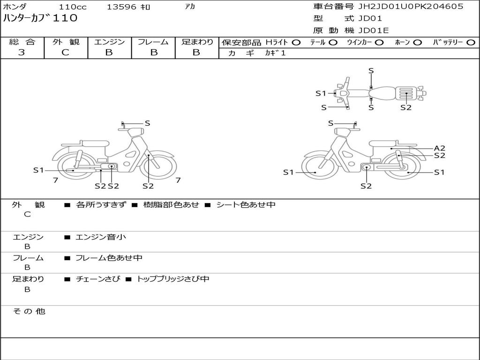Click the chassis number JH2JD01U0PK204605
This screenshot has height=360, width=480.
click(411, 7)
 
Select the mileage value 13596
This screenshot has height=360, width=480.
click(121, 7)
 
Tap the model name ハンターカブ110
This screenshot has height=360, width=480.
click(40, 18)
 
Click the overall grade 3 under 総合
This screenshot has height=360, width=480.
click(22, 52)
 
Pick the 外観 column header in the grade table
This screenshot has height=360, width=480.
click(66, 42)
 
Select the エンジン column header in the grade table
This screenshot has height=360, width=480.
click(109, 42)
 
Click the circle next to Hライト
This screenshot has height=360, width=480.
click(296, 43)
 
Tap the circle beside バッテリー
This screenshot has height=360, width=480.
click(471, 43)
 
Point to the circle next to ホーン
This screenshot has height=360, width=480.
click(417, 43)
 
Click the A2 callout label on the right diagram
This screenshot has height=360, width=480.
click(440, 148)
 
